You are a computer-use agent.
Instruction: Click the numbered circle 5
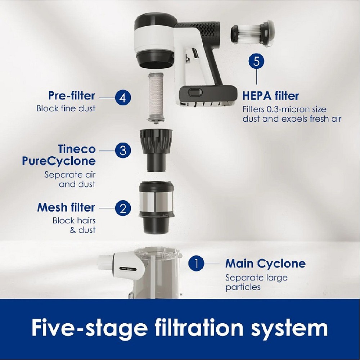coord(256,61)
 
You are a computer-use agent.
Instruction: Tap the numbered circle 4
coord(123,98)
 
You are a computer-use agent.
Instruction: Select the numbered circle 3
coord(123,150)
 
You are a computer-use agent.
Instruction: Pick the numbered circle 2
coord(123,208)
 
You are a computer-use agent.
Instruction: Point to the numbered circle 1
coord(196,264)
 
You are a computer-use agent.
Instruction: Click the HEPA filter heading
coord(271,96)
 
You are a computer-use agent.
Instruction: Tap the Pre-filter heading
coord(72,95)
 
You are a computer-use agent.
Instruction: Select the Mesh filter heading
coord(66,208)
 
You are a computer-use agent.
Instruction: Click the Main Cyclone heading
coord(265,264)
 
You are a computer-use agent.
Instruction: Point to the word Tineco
coord(77,149)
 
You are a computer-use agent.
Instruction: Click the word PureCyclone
coord(59,161)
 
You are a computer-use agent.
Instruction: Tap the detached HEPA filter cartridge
coord(252,33)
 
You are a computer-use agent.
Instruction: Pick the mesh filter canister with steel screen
coord(157,207)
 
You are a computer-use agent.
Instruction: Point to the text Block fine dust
coord(66,108)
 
